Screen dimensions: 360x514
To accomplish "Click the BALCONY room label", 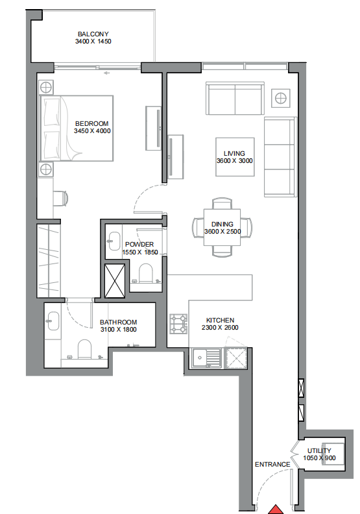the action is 93,34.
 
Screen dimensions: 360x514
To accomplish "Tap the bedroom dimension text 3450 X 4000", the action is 92,131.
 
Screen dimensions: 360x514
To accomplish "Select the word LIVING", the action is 234,153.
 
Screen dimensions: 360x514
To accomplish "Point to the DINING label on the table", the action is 222,224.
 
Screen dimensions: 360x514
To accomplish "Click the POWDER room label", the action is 139,244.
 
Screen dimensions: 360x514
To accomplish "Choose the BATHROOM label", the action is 118,323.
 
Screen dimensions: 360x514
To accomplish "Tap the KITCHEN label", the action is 220,320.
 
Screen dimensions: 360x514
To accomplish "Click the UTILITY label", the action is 319,450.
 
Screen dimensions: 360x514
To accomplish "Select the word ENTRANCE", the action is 272,464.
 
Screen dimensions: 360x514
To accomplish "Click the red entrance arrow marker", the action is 276,509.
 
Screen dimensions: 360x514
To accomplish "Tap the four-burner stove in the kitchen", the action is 178,324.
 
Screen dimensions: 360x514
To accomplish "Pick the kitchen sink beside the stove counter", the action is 206,358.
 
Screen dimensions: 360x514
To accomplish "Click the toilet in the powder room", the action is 146,273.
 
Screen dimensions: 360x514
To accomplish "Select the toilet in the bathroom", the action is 84,349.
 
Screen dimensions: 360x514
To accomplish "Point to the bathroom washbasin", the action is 53,321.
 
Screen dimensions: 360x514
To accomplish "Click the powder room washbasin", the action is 114,241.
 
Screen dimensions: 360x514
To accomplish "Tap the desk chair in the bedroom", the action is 61,198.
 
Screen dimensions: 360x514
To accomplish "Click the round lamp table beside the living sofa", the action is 281,98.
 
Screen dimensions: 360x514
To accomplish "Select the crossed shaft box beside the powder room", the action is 115,281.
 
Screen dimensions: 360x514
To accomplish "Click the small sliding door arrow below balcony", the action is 106,73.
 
